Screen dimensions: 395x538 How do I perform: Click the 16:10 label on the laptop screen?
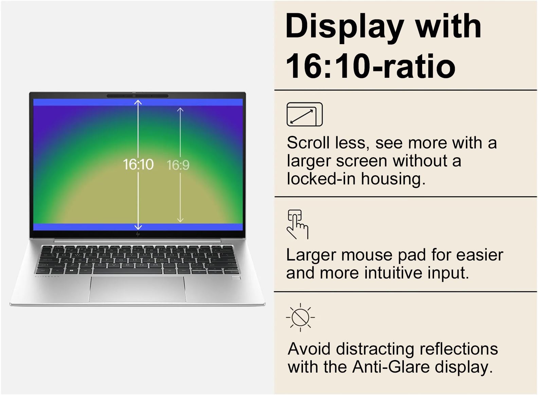click(138, 165)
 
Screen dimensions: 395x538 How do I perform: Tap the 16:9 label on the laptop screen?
click(178, 165)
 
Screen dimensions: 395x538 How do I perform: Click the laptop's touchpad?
click(138, 289)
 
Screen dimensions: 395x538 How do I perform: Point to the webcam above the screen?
click(135, 96)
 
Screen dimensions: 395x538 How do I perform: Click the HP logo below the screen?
click(138, 234)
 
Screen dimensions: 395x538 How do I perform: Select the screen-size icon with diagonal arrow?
click(304, 114)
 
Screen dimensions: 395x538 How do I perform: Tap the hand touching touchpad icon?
click(297, 224)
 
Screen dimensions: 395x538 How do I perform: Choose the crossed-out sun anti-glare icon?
click(300, 317)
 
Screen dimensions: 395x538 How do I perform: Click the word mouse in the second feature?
click(367, 255)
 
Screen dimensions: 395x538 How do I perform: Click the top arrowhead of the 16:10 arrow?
click(138, 102)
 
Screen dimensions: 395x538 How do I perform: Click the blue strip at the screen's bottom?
click(85, 227)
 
